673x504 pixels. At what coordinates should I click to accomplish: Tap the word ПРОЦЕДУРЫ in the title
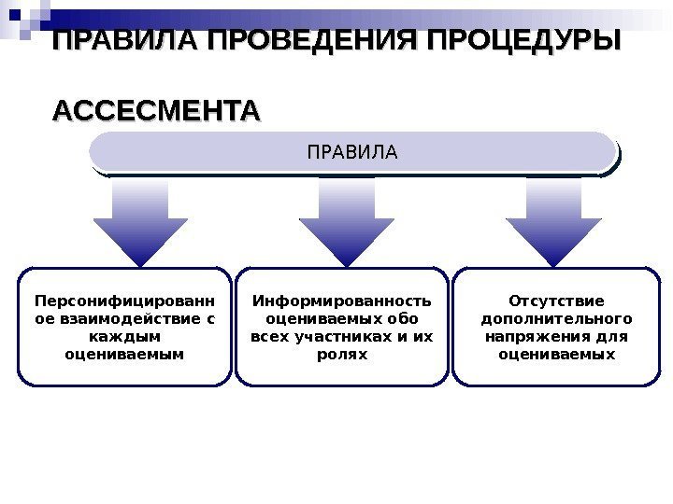click(523, 43)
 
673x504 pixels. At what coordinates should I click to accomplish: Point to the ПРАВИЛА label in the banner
click(352, 151)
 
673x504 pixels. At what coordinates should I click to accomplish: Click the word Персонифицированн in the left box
click(123, 301)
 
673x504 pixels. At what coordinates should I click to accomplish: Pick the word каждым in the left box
click(123, 337)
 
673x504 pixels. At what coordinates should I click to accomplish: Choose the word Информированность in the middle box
click(342, 301)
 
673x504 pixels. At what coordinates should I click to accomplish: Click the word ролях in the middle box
click(342, 355)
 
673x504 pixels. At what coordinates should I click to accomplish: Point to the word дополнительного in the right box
click(556, 319)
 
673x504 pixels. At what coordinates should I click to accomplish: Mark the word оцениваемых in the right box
click(556, 355)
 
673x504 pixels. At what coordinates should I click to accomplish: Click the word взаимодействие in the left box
click(132, 319)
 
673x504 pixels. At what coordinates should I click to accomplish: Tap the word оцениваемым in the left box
click(123, 355)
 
